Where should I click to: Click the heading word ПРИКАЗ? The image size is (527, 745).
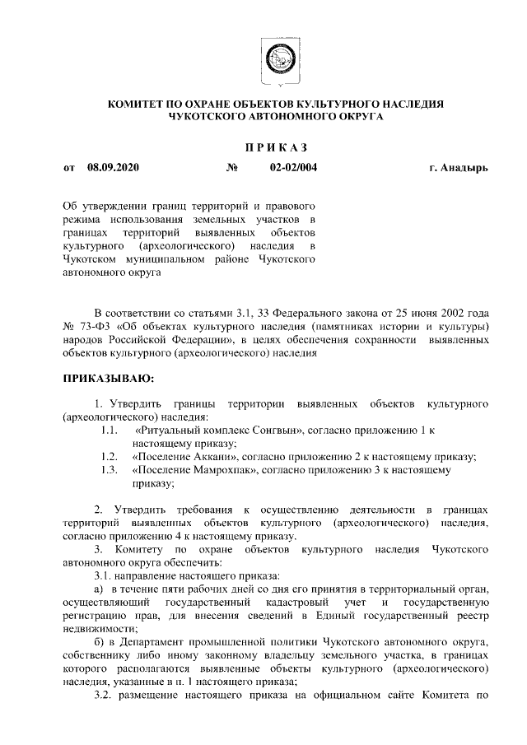[x=276, y=147]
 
